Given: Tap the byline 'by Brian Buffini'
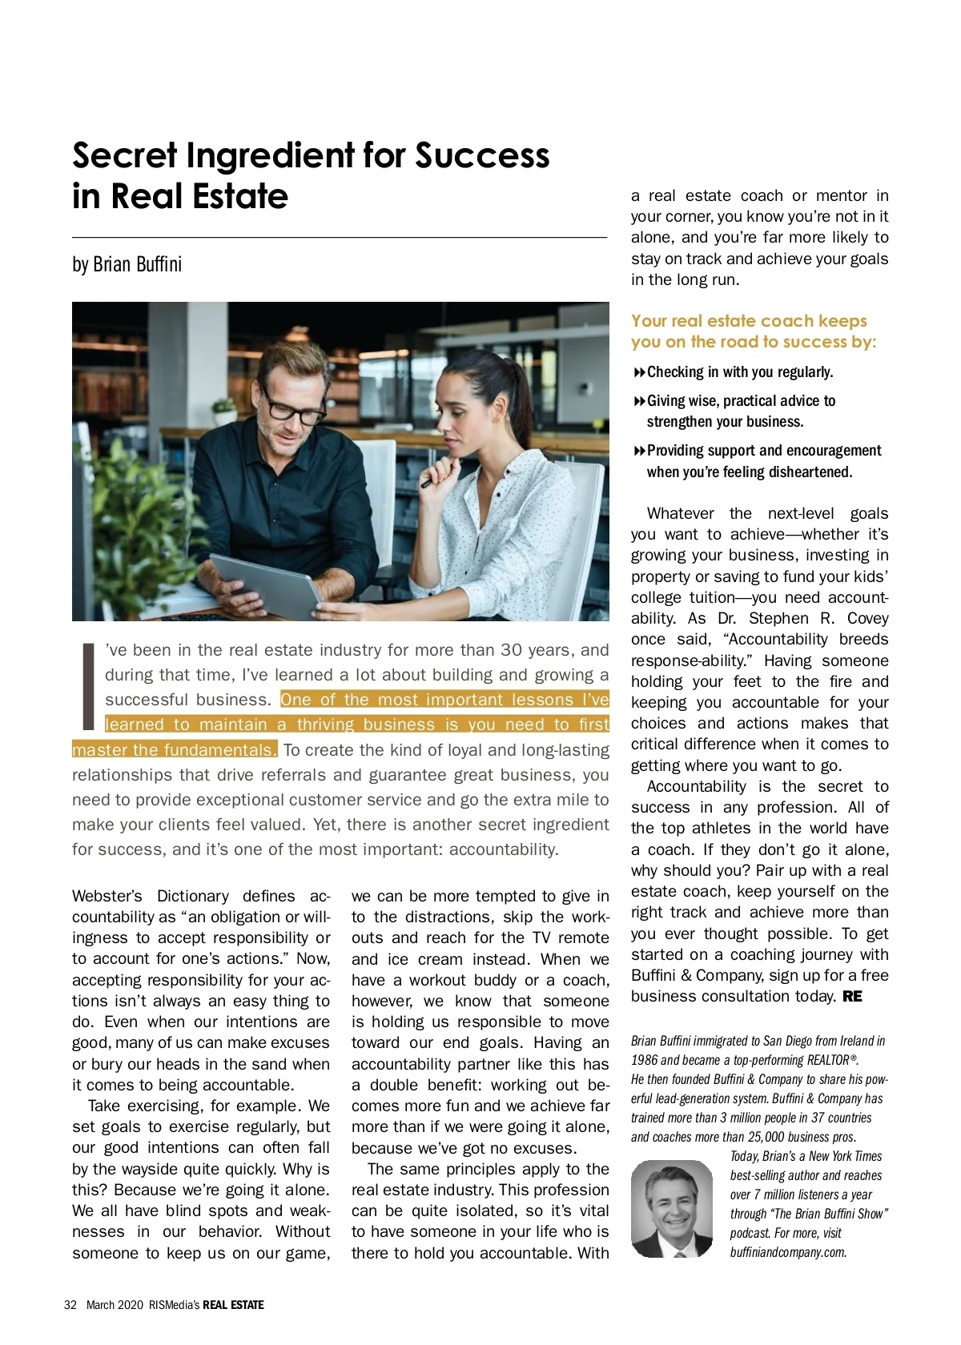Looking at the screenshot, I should click(x=127, y=264).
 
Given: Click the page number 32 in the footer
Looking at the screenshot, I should click(x=70, y=1305).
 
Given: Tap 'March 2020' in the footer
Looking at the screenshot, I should click(x=115, y=1305).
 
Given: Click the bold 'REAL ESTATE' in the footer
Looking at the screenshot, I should click(x=233, y=1305).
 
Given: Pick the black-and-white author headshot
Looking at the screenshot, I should click(x=671, y=1209).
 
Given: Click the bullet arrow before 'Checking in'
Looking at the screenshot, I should click(x=639, y=372).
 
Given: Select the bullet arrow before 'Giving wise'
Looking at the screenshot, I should click(x=639, y=401).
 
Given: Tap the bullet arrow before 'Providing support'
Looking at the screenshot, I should click(x=639, y=451).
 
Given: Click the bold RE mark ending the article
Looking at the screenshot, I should click(x=852, y=997).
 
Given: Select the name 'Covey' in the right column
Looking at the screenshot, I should click(x=867, y=618).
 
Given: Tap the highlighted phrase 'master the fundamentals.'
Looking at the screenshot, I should click(x=175, y=750).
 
